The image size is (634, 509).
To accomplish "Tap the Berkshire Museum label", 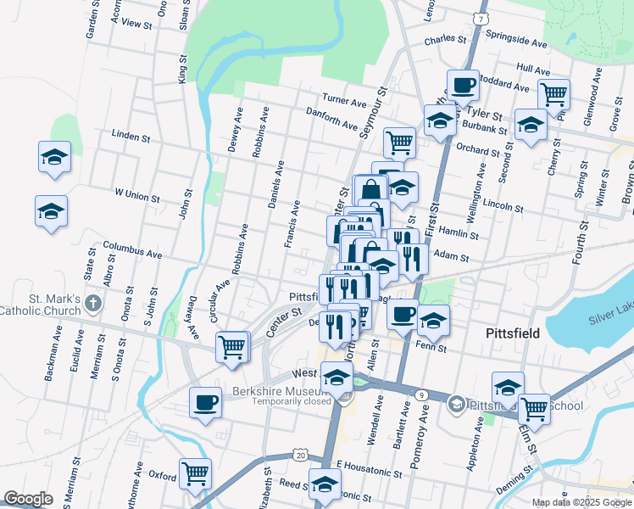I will pos(280,391).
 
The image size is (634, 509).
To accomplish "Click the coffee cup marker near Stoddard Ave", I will pos(463,86).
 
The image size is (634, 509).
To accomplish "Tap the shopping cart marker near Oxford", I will pos(196,473).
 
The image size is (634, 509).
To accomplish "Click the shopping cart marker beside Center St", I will pos(231,346).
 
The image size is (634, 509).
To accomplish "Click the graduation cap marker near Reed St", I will pos(325,484).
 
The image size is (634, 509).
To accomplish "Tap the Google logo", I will pos(28,499).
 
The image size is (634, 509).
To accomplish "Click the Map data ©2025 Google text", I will pos(581,502).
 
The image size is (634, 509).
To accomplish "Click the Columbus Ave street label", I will pos(132,252).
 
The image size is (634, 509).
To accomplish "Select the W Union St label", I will pos(137,196).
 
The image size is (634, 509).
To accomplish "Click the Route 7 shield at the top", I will pos(481,18).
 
